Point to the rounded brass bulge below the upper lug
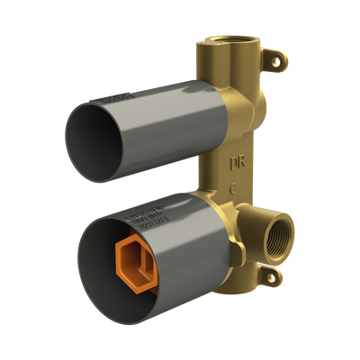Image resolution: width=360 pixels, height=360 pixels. point(256,90)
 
